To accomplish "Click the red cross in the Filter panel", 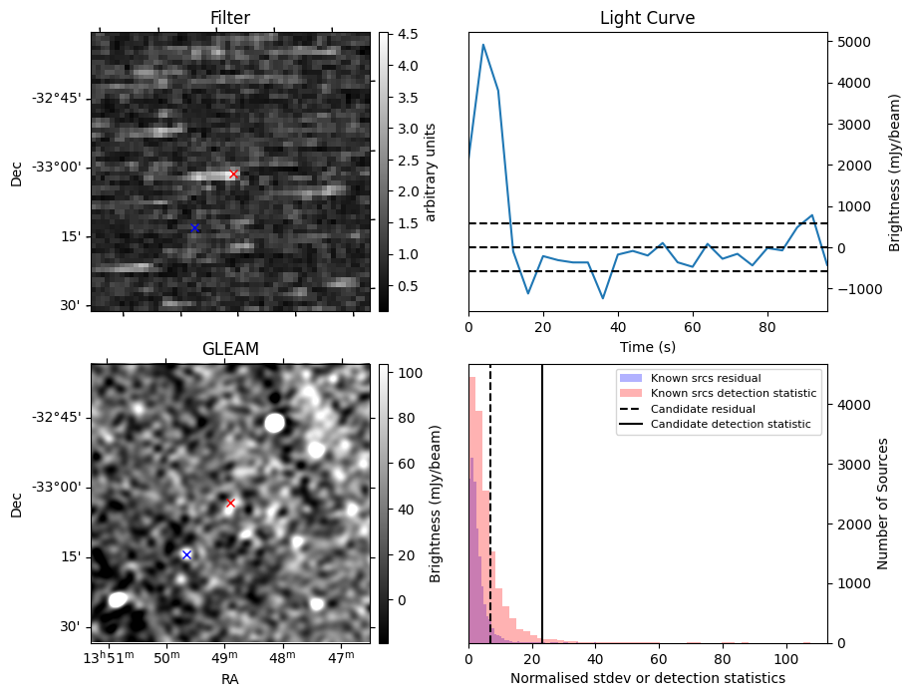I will point(233,174).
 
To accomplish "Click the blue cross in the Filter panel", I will point(194,228).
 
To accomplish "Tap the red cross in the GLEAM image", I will point(230,503).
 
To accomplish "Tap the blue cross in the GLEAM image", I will point(186,554).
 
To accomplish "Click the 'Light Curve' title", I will point(647,18).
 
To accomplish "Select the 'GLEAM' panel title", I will point(230,349).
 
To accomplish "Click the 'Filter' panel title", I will point(230,18).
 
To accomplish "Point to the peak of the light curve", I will point(483,45).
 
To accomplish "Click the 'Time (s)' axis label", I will point(647,345).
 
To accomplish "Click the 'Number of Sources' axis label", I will point(883,504).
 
